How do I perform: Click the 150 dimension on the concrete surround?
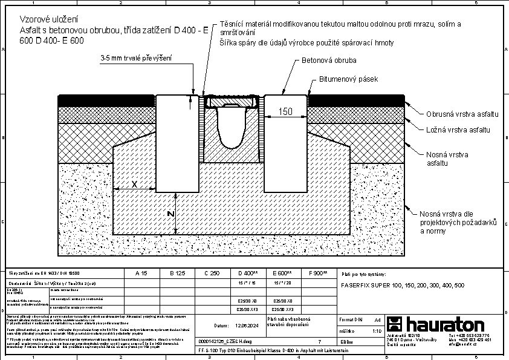click(285, 111)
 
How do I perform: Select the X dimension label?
click(134, 183)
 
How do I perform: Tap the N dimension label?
click(171, 214)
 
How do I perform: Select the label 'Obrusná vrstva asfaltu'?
click(453, 114)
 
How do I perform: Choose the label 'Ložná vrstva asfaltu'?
click(453, 129)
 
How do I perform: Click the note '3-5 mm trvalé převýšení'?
click(136, 59)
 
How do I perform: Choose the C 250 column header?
click(212, 273)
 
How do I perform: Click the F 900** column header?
click(318, 273)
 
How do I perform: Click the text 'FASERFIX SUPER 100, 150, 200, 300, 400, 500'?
click(403, 284)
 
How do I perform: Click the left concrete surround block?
click(177, 142)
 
